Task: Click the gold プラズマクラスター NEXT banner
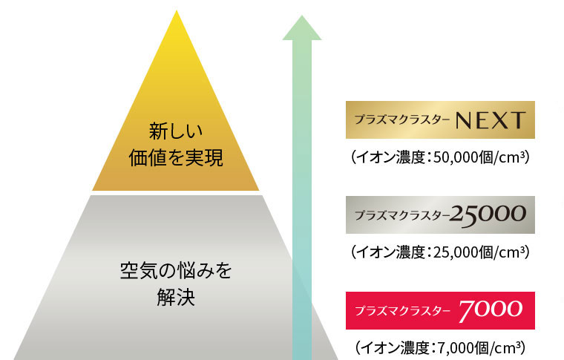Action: pos(440,120)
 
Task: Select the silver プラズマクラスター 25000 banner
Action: pos(440,215)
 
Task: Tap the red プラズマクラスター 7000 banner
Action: pos(440,310)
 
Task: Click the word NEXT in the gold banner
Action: pos(491,120)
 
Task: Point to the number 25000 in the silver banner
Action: pos(488,215)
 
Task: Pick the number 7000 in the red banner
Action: pos(491,310)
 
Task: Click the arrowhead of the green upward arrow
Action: pos(302,27)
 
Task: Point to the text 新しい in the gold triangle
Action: pos(176,131)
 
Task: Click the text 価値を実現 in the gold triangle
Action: pos(176,158)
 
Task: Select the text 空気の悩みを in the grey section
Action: pos(176,271)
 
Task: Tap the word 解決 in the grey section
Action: pos(176,298)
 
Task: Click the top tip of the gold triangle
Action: pos(177,10)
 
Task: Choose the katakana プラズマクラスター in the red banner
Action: pos(402,310)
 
